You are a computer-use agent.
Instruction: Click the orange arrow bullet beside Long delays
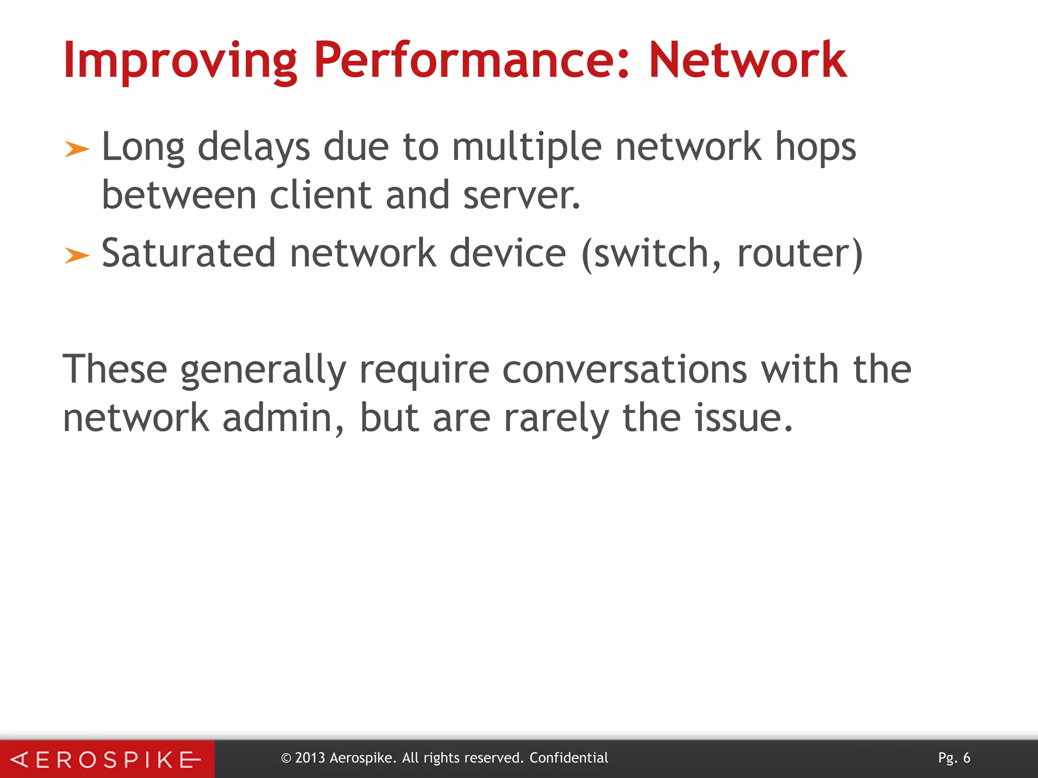coord(77,149)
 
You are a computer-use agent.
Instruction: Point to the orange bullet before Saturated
coord(77,256)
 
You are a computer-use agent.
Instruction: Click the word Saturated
coord(189,253)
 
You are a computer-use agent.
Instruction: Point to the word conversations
coord(624,370)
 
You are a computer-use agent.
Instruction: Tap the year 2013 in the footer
coord(310,758)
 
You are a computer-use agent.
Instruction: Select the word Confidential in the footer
coord(569,758)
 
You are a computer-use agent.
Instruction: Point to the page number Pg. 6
coord(954,758)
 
